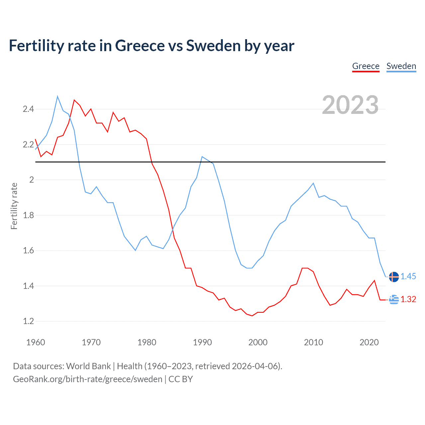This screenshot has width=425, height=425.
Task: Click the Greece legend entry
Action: click(366, 66)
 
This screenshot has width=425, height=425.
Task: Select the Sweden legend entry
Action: click(401, 66)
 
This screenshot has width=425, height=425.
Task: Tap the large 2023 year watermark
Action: click(350, 105)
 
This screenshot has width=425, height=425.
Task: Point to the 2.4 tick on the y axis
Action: click(28, 109)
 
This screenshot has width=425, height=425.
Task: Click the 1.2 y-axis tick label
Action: click(28, 321)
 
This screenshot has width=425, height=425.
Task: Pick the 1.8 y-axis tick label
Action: click(28, 215)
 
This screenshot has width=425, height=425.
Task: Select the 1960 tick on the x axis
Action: click(36, 342)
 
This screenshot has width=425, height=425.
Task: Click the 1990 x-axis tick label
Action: click(202, 342)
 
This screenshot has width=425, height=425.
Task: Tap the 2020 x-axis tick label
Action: click(369, 342)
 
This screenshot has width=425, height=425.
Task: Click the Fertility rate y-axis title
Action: click(14, 206)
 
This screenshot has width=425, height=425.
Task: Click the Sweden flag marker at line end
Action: click(394, 277)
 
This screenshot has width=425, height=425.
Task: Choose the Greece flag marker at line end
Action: click(394, 299)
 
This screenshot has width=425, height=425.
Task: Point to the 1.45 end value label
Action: click(408, 276)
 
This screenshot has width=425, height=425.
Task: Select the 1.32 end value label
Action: click(408, 299)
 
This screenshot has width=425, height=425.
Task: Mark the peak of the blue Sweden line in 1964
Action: click(57, 96)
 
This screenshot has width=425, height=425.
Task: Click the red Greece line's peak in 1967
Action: click(74, 100)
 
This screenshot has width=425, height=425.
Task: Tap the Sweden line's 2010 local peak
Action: click(313, 183)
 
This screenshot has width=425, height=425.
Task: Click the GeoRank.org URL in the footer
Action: click(88, 379)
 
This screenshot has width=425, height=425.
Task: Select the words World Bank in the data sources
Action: click(88, 366)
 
